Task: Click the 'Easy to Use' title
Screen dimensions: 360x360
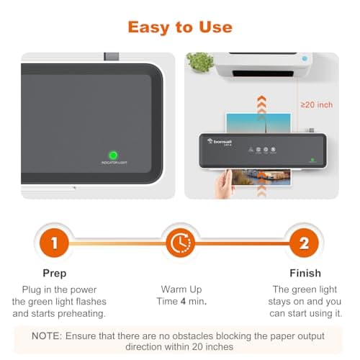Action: pos(180,27)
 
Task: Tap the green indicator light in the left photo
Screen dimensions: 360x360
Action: pos(113,155)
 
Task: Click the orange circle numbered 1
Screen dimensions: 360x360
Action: pos(55,243)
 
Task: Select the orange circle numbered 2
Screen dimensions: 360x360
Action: pos(304,243)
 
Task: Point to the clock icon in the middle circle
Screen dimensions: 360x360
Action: pos(179,243)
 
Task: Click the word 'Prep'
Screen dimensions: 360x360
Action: pos(55,274)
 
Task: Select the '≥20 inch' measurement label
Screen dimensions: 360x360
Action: pos(316,105)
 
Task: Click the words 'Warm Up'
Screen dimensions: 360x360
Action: pos(179,289)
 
